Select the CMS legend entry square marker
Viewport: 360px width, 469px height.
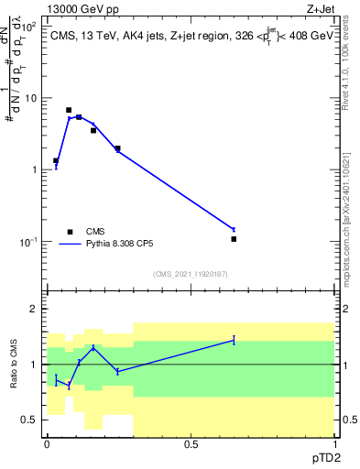click(69, 232)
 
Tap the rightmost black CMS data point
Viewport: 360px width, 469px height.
click(235, 239)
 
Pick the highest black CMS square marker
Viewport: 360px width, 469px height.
click(69, 110)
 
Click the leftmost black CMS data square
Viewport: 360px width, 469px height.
click(56, 160)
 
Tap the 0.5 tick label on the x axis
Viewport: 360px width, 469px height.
click(191, 444)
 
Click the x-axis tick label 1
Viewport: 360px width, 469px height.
click(334, 444)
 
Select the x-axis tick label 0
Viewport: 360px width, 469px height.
click(47, 444)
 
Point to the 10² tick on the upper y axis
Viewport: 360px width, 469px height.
click(30, 26)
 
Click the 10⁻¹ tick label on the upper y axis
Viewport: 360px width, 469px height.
click(30, 242)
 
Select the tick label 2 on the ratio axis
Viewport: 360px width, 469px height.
click(35, 309)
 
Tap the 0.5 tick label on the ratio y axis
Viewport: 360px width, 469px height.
click(31, 420)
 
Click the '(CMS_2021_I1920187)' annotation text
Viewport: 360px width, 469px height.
click(191, 274)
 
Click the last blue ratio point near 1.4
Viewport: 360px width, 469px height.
click(235, 340)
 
